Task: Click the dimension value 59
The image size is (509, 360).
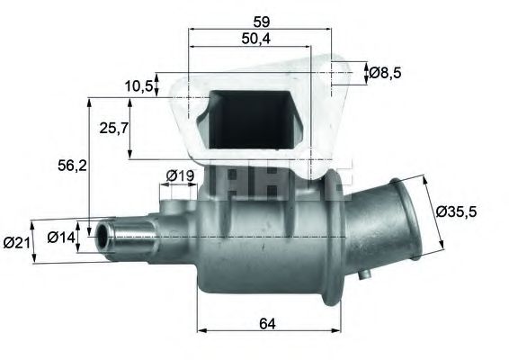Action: click(x=261, y=22)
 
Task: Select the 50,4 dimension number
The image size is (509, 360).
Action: click(x=255, y=39)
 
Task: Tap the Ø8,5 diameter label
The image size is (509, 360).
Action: click(x=385, y=73)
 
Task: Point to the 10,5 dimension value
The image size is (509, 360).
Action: click(x=138, y=85)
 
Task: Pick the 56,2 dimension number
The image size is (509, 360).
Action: click(x=72, y=166)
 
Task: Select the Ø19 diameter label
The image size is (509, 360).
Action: click(x=180, y=175)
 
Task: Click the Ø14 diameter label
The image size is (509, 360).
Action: click(x=61, y=238)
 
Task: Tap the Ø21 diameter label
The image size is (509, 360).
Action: click(x=16, y=243)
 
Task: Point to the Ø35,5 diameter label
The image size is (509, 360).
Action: click(x=456, y=211)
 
